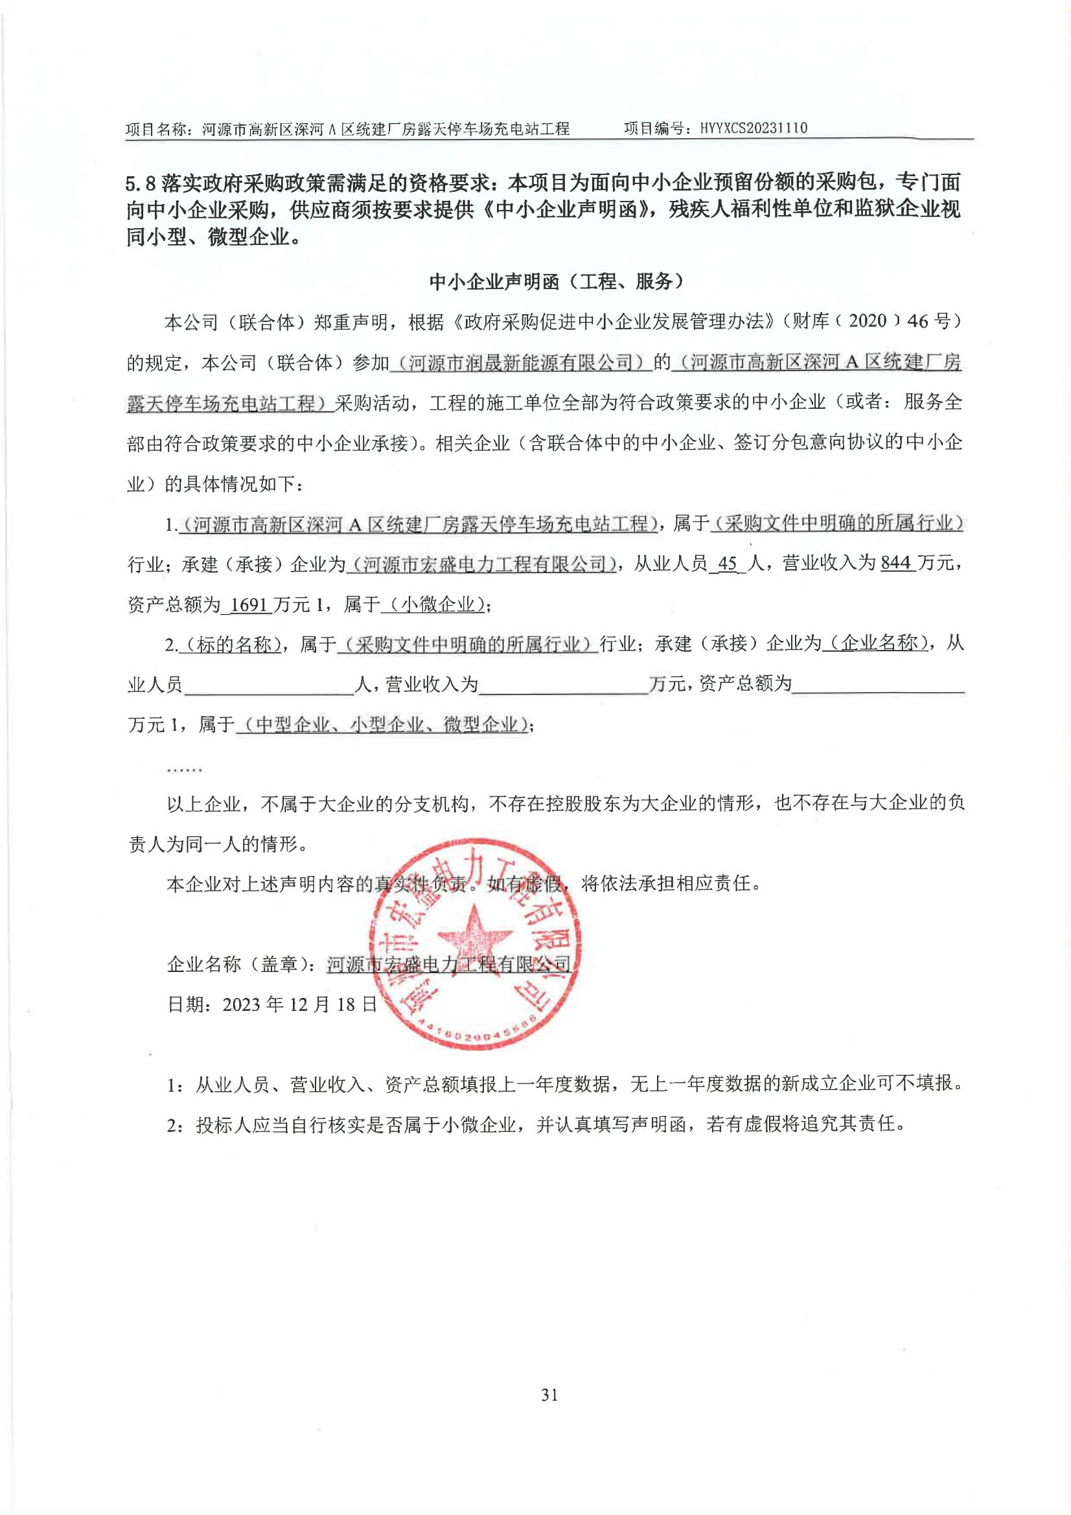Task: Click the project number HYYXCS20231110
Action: tap(753, 128)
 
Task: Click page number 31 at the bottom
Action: tap(549, 1394)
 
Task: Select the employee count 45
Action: tap(726, 564)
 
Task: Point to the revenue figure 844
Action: tap(895, 563)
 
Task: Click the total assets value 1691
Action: tap(248, 604)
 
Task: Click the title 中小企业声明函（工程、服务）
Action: tap(557, 282)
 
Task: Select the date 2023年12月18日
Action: tap(272, 1004)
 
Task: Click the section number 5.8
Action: tap(140, 183)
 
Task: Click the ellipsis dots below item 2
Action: tap(184, 769)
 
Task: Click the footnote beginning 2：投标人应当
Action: tap(536, 1124)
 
